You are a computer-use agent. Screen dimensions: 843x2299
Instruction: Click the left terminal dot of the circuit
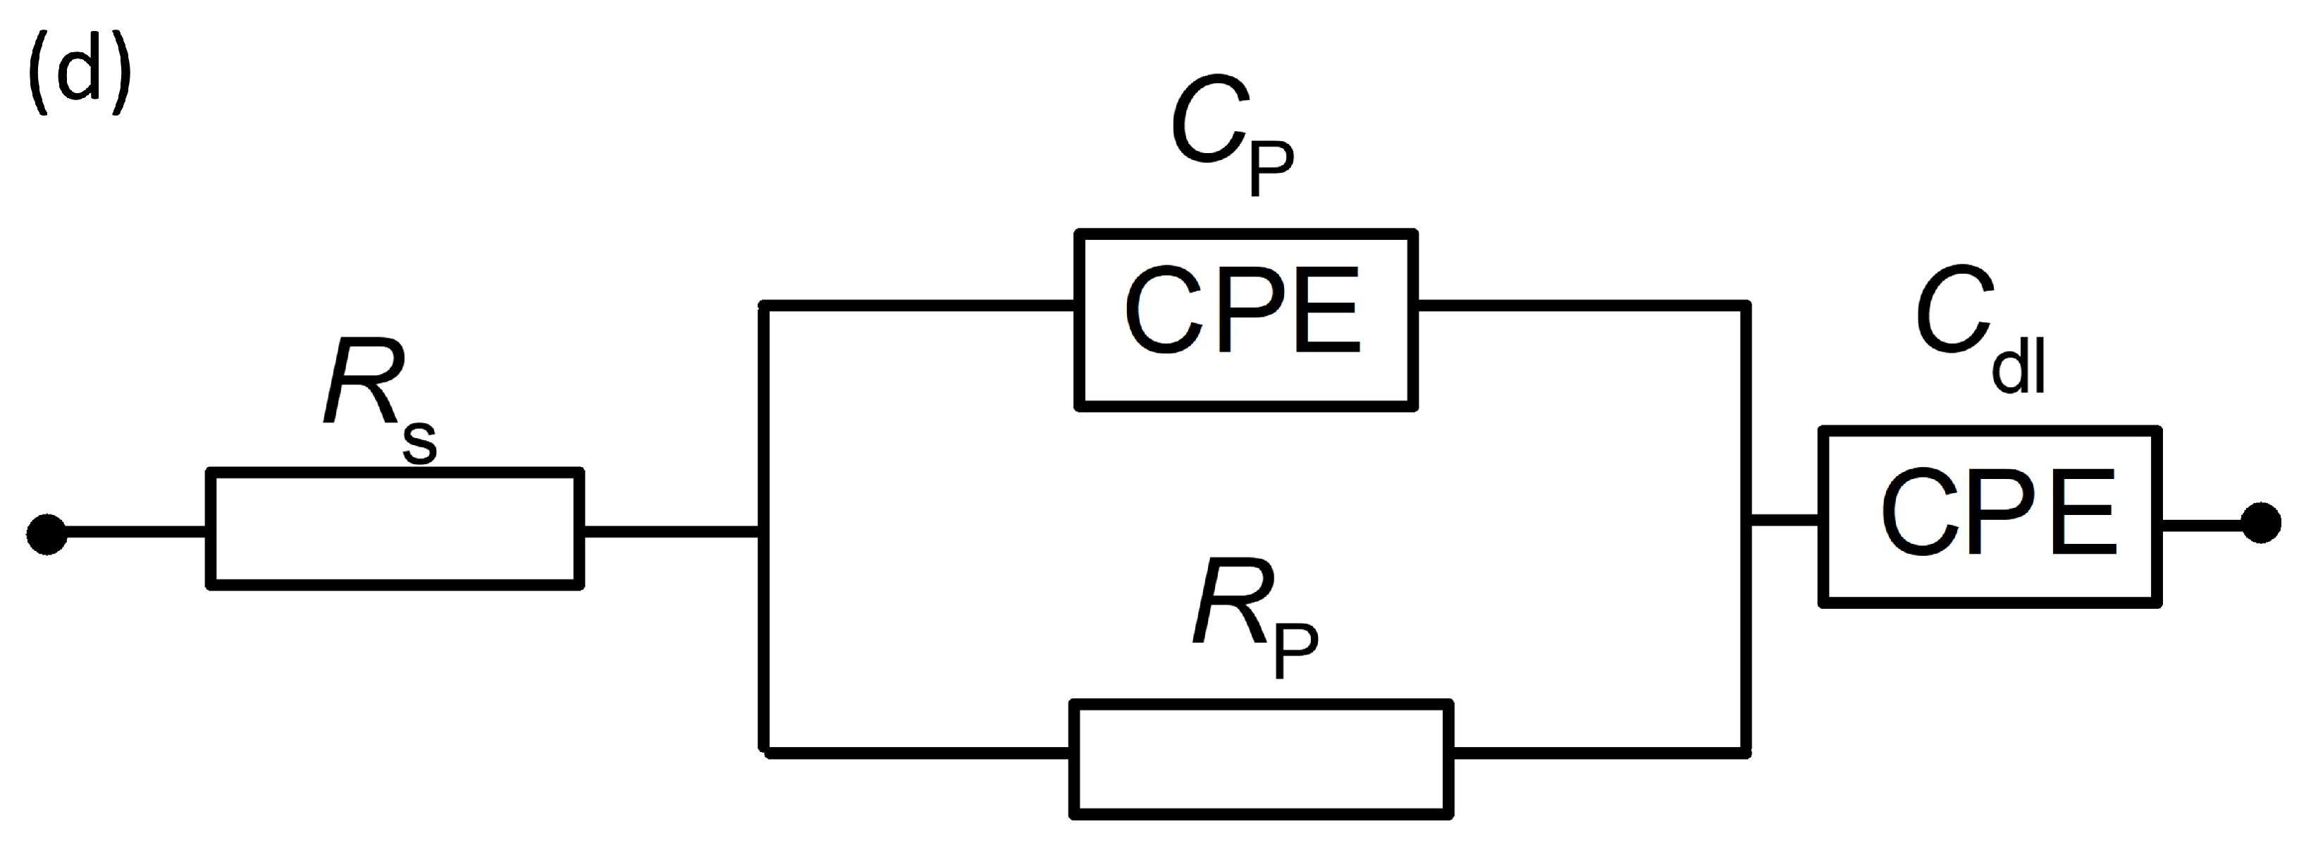[x=47, y=534]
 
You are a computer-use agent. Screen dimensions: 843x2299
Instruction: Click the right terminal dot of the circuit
[x=2261, y=523]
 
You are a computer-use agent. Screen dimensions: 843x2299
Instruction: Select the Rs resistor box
[x=395, y=528]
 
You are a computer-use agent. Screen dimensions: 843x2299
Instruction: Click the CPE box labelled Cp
[x=1246, y=320]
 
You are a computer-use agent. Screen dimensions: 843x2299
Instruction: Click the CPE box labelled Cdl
[x=1990, y=518]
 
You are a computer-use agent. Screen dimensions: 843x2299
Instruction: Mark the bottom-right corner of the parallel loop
[x=1746, y=753]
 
